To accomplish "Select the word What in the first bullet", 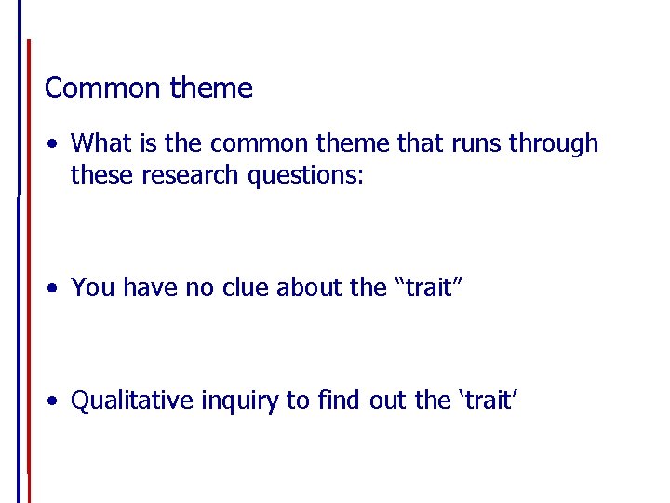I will (x=100, y=143).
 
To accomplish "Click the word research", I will (x=190, y=175).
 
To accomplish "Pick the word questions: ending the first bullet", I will (x=307, y=175).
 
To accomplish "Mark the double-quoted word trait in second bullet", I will (x=428, y=288).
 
